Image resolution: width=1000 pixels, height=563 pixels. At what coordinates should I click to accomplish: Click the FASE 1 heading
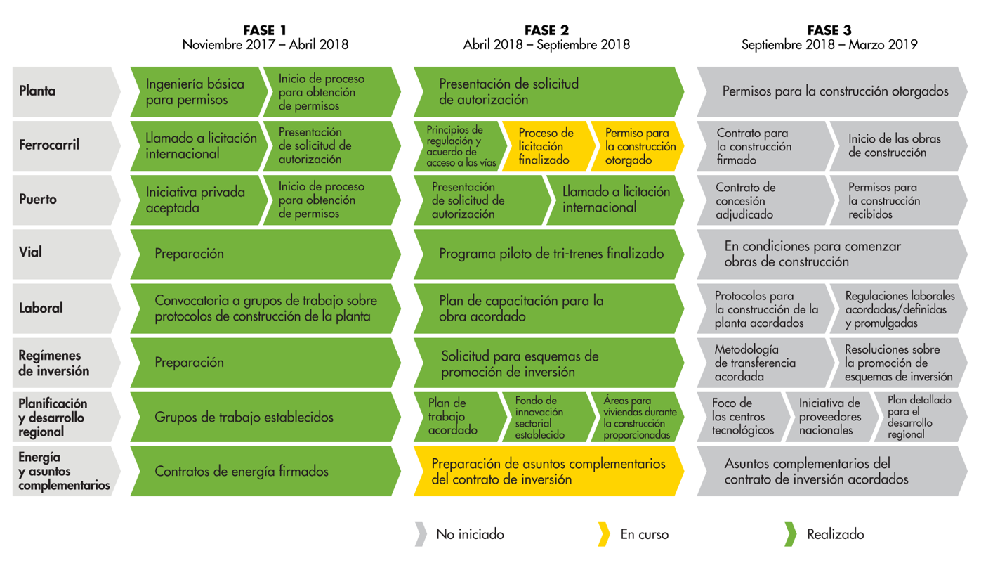click(265, 30)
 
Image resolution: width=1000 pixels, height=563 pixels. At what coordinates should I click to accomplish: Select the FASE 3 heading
click(829, 30)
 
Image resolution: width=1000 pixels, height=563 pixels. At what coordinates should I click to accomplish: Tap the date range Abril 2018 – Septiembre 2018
click(546, 45)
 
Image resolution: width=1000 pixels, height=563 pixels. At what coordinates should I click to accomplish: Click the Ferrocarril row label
click(49, 145)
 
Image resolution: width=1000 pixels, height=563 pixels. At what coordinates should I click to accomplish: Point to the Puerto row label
click(38, 199)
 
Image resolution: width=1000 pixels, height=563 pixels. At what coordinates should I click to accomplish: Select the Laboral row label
click(41, 308)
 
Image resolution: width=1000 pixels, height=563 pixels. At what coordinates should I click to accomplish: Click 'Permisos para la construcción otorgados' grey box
click(832, 91)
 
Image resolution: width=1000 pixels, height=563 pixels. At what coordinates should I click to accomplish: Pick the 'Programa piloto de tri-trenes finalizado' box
click(548, 254)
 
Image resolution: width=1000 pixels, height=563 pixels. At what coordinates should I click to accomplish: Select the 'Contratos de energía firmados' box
click(265, 472)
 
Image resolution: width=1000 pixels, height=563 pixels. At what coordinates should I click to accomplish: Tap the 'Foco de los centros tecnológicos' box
click(743, 417)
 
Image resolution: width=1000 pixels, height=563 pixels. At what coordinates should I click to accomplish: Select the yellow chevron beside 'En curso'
click(604, 534)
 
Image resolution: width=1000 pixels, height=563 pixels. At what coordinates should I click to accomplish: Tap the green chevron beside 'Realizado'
click(790, 534)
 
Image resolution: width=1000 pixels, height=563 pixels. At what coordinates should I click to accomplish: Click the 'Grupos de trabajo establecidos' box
click(265, 417)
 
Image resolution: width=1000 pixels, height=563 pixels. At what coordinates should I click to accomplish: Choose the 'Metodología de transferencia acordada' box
click(765, 363)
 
